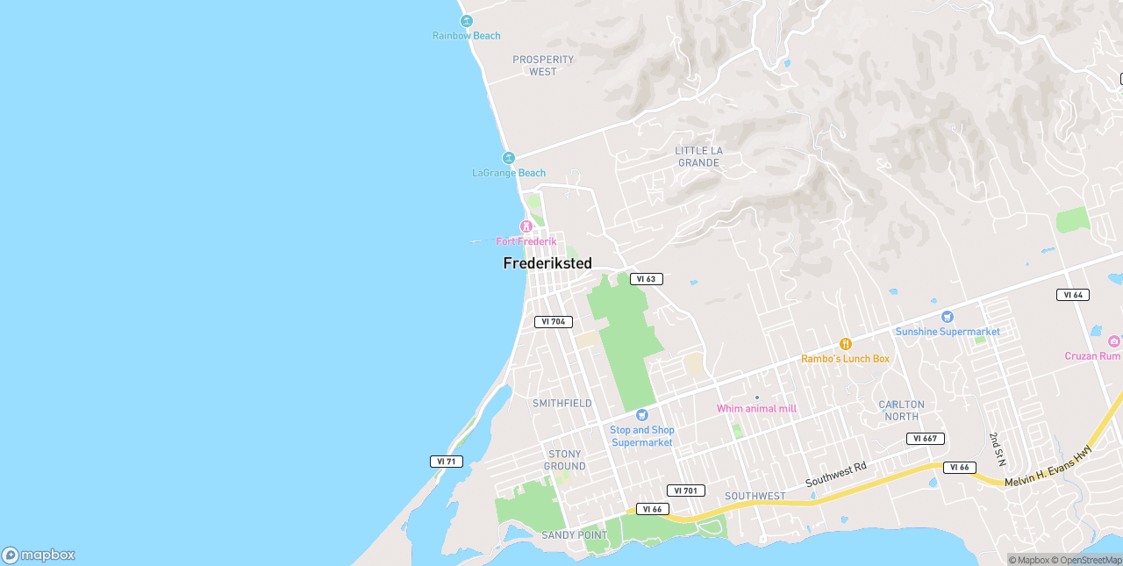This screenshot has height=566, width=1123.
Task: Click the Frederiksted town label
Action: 547,263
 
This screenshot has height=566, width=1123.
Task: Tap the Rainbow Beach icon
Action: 467,21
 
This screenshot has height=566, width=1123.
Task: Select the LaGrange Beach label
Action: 509,173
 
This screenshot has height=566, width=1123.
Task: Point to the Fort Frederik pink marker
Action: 526,226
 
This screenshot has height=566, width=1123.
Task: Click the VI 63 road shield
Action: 646,279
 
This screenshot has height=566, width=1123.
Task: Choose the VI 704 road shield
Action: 554,322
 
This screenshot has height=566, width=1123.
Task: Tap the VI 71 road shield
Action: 447,462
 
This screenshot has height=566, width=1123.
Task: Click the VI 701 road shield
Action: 686,491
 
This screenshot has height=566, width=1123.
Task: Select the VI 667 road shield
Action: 926,439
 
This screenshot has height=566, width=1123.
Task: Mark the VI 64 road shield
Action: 1073,295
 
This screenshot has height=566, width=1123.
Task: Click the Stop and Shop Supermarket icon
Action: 642,415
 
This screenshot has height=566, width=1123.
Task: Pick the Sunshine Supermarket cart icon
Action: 947,317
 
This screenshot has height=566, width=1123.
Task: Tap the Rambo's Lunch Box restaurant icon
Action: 846,344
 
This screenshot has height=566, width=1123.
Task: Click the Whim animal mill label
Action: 756,408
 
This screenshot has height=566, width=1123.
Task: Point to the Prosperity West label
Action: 543,66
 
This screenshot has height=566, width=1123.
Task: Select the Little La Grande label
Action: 698,156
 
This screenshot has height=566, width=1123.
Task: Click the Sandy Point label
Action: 574,535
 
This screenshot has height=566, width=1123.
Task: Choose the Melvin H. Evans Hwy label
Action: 1048,467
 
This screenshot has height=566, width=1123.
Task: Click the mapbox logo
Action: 39,555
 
